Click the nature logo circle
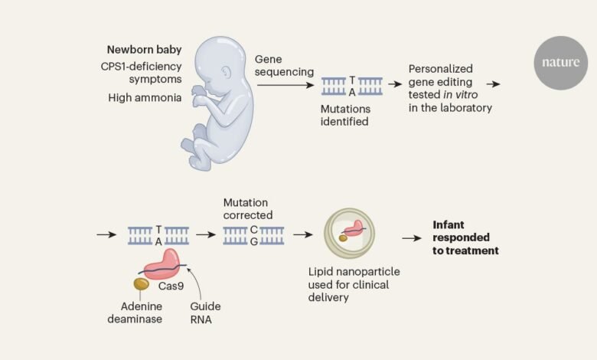[x=561, y=63]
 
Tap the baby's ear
[x=226, y=72]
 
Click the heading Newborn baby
[x=145, y=50]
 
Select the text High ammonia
[x=145, y=97]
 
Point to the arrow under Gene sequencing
[x=285, y=84]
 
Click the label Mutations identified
[x=345, y=115]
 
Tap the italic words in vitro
[x=460, y=94]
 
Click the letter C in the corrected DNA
[x=254, y=230]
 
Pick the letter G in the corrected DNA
[x=254, y=241]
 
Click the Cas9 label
[x=171, y=286]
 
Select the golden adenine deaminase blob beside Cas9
[x=141, y=284]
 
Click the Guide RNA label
[x=205, y=313]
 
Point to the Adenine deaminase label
[x=135, y=313]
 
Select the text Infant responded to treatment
[x=465, y=237]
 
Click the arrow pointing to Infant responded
[x=412, y=238]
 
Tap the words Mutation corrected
[x=248, y=209]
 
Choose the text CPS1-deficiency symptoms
[x=142, y=73]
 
